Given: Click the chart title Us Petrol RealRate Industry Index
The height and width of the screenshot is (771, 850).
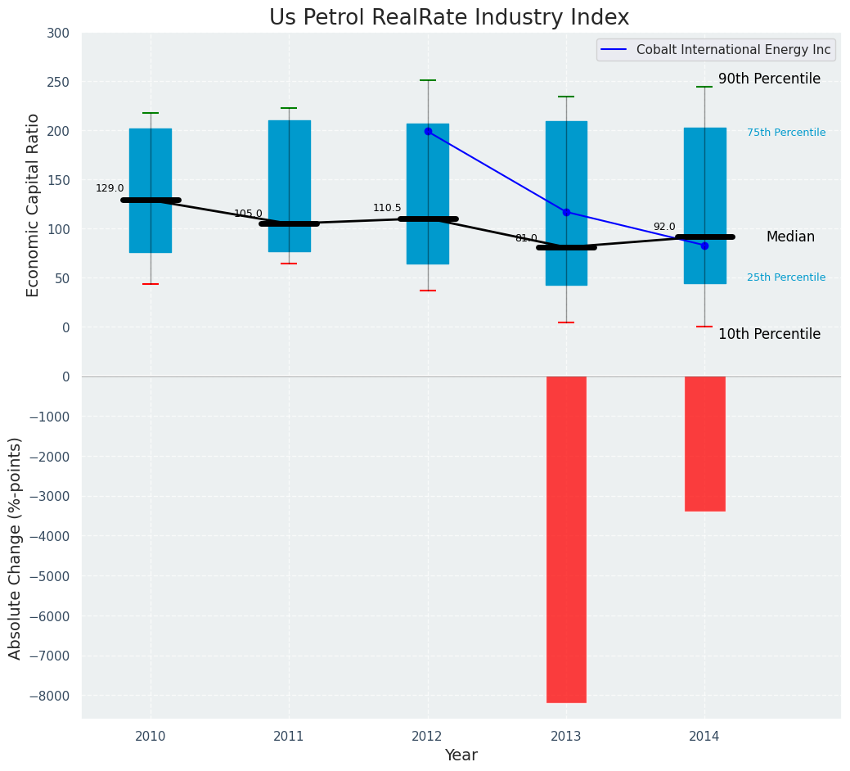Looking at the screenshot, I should pos(449,18).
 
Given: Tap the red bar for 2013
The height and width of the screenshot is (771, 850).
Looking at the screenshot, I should pos(566,539).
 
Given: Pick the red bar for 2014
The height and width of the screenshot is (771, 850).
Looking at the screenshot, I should pos(704,443).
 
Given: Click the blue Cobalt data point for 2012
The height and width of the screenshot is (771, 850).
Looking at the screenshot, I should pos(428,131).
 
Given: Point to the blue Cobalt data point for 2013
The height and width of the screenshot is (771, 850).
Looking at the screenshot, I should pos(566,212).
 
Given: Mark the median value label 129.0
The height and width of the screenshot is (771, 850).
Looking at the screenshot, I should pos(110,188).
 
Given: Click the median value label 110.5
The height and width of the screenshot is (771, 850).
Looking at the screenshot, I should pos(387,208).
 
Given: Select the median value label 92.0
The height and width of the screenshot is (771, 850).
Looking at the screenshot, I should pos(664,227).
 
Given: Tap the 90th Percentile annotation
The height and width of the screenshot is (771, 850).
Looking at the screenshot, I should pos(769,79).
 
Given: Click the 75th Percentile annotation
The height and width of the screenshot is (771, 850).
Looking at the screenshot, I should pos(786,133).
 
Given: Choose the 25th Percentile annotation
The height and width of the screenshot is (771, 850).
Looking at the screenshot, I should pos(786,277).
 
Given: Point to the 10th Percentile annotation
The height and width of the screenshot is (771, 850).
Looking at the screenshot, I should pos(769,334).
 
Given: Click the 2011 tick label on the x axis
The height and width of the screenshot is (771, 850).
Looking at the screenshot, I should pos(289,737).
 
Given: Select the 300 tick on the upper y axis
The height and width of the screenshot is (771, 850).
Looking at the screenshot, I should pos(64,33).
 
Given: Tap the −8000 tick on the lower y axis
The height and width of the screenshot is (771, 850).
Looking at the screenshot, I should pos(52,696).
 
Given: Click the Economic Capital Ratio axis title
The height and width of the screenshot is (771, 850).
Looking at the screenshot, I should pos(34,205).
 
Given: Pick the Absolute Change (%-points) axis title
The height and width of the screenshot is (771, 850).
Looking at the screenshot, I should pos(16,548).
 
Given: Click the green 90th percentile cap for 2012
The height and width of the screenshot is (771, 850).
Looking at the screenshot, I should pos(428,80).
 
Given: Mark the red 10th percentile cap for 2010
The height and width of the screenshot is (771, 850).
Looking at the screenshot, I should pos(151,284).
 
